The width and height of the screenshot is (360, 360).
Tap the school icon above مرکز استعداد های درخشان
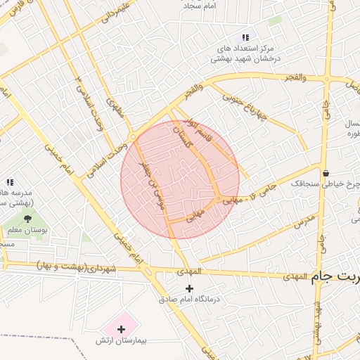pyautogui.click(x=245, y=37)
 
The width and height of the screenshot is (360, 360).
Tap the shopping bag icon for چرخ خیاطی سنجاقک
pyautogui.click(x=325, y=173)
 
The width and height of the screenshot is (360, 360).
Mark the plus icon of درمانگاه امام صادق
pyautogui.click(x=188, y=288)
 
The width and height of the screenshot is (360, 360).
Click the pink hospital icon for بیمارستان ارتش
pyautogui.click(x=121, y=328)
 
